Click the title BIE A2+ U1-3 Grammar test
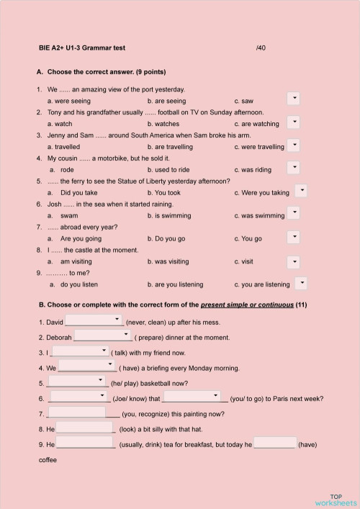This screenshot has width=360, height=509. click(82, 48)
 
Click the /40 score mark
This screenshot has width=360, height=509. click(261, 48)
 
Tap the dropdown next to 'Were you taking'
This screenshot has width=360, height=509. click(302, 190)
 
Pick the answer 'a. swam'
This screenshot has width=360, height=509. click(69, 215)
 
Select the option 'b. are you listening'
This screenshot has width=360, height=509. click(176, 284)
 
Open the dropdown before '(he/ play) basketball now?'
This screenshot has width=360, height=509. click(76, 382)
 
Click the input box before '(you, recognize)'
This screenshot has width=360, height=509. click(76, 413)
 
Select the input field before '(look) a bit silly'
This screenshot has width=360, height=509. click(85, 428)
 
